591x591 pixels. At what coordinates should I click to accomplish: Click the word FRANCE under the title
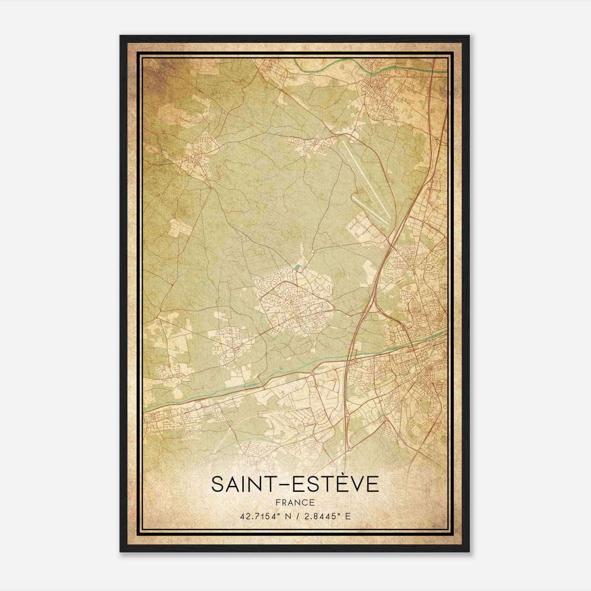(x=295, y=502)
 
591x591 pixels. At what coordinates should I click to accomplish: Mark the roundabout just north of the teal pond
(x=313, y=251)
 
